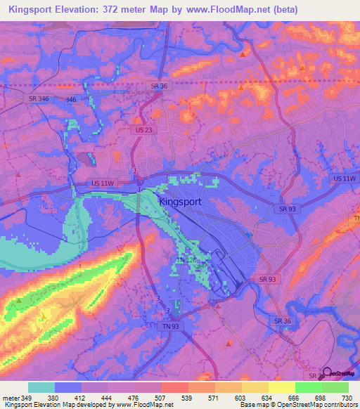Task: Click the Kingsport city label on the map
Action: (x=181, y=202)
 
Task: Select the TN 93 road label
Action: (x=171, y=326)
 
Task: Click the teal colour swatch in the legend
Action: (x=41, y=387)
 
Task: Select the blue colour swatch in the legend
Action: (x=68, y=387)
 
